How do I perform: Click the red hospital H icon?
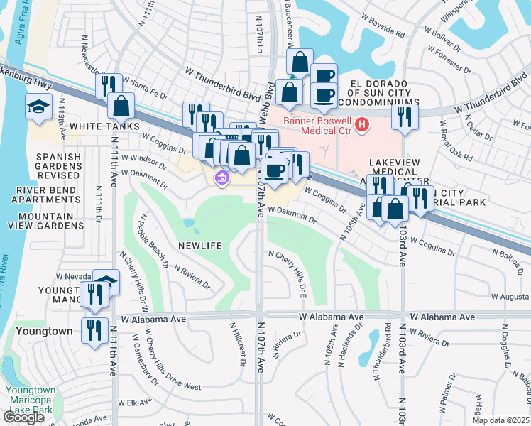[362, 125]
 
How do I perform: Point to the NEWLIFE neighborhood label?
[201, 245]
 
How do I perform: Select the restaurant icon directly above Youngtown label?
[94, 330]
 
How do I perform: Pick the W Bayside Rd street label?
[381, 33]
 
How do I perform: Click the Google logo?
[23, 417]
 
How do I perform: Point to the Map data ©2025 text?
[501, 420]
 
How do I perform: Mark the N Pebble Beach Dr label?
[154, 240]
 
